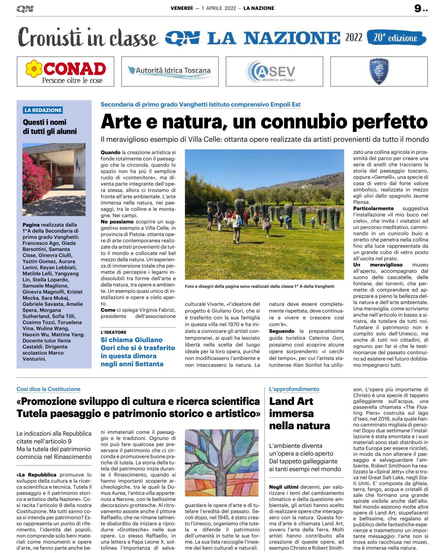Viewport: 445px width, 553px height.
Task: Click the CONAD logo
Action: pyautogui.click(x=65, y=71)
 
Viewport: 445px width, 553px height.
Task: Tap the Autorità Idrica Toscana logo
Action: pyautogui.click(x=170, y=71)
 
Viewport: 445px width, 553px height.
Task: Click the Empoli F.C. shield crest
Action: pyautogui.click(x=379, y=71)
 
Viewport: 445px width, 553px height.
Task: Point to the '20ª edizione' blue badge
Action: pyautogui.click(x=396, y=38)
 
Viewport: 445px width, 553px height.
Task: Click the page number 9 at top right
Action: pyautogui.click(x=418, y=8)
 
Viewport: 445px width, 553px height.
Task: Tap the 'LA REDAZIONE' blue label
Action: pyautogui.click(x=43, y=110)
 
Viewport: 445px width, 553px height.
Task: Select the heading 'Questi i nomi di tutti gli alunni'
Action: pyautogui.click(x=50, y=127)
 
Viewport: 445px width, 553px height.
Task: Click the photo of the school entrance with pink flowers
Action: pyautogui.click(x=54, y=179)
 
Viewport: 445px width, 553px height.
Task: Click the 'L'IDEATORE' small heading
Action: pyautogui.click(x=114, y=332)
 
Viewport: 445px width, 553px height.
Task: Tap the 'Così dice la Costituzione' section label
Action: pyautogui.click(x=48, y=389)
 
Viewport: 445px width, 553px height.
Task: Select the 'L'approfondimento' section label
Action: pyautogui.click(x=294, y=389)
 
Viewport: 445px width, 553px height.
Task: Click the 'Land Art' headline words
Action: pyautogui.click(x=291, y=401)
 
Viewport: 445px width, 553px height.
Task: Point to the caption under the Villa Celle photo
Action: pyautogui.click(x=259, y=286)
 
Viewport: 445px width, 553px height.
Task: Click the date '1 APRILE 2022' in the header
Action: pyautogui.click(x=219, y=8)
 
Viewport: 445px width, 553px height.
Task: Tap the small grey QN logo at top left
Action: pyautogui.click(x=25, y=9)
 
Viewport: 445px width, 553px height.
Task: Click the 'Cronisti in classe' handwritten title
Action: pyautogui.click(x=88, y=38)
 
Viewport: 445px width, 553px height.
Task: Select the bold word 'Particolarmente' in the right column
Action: pyautogui.click(x=373, y=209)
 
